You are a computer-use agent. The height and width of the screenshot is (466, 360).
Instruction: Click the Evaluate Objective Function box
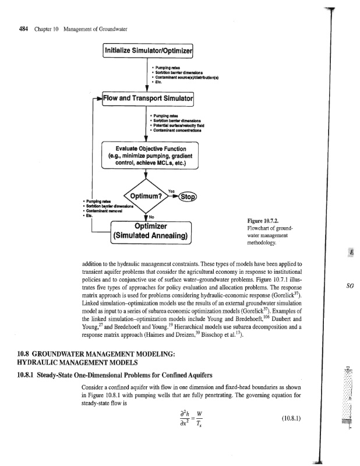click(x=150, y=155)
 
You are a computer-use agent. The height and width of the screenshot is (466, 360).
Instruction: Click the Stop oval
click(x=189, y=195)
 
